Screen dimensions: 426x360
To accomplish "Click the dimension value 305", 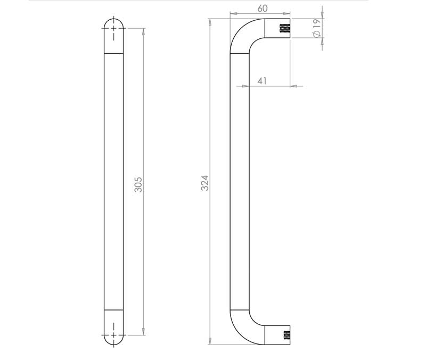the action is [x=138, y=184].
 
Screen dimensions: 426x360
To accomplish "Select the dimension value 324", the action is [x=205, y=183].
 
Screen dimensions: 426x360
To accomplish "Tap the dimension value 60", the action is [x=263, y=9].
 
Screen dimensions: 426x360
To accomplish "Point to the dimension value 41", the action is [x=262, y=81].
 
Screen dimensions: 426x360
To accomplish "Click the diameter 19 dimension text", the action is [x=316, y=28].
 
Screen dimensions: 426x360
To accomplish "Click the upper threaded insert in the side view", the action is [x=285, y=28].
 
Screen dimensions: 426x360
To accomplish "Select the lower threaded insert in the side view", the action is [x=286, y=335].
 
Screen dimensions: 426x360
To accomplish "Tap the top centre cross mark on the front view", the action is [x=113, y=28].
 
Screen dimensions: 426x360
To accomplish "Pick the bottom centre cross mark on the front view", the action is [x=113, y=335].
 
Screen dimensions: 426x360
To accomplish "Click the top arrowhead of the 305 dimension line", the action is [x=143, y=31].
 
